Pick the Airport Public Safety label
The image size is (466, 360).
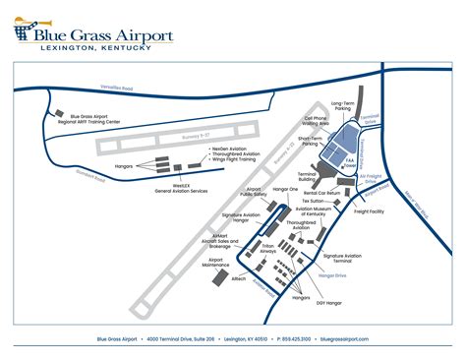click(x=254, y=192)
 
